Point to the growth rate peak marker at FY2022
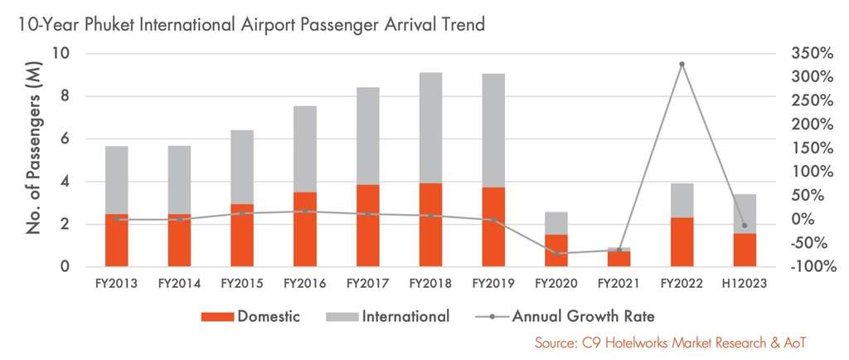[682, 64]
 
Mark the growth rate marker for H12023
[744, 226]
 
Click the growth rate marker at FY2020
[556, 253]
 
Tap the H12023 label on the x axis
[744, 284]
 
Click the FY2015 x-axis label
[241, 284]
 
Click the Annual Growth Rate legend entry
[572, 316]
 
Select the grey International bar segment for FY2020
[556, 223]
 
